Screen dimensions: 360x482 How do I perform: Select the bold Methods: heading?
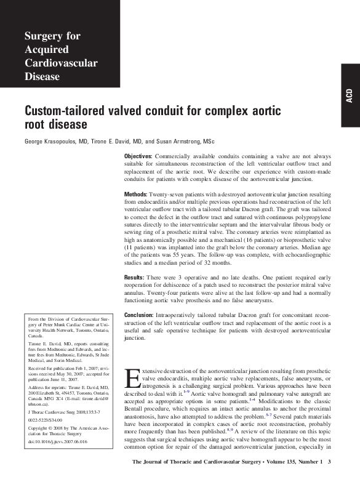[x=136, y=195]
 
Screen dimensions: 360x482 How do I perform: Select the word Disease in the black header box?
[x=42, y=77]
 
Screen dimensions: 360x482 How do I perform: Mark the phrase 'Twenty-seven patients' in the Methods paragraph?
[x=179, y=195]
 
